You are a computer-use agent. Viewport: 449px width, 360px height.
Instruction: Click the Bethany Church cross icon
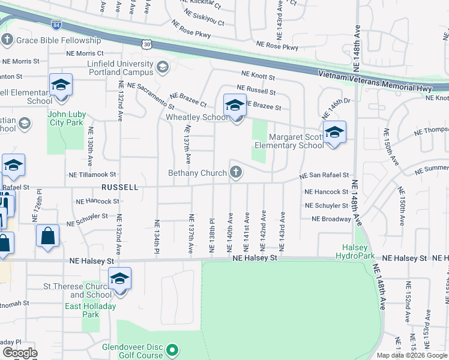point(237,173)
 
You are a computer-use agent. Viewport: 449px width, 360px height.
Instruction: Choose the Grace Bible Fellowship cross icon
point(7,40)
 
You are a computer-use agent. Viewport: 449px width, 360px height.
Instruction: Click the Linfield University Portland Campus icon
point(161,66)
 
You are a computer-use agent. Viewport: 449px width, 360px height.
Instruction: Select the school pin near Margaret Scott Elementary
point(334,133)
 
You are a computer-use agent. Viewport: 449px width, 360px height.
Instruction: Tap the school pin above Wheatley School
point(235,106)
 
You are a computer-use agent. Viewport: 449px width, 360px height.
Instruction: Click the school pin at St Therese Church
point(119,279)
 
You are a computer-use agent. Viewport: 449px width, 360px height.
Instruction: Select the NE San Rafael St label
point(325,175)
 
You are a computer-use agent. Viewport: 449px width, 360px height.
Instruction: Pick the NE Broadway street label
point(331,219)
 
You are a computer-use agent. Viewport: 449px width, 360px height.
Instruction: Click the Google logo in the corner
point(20,353)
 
